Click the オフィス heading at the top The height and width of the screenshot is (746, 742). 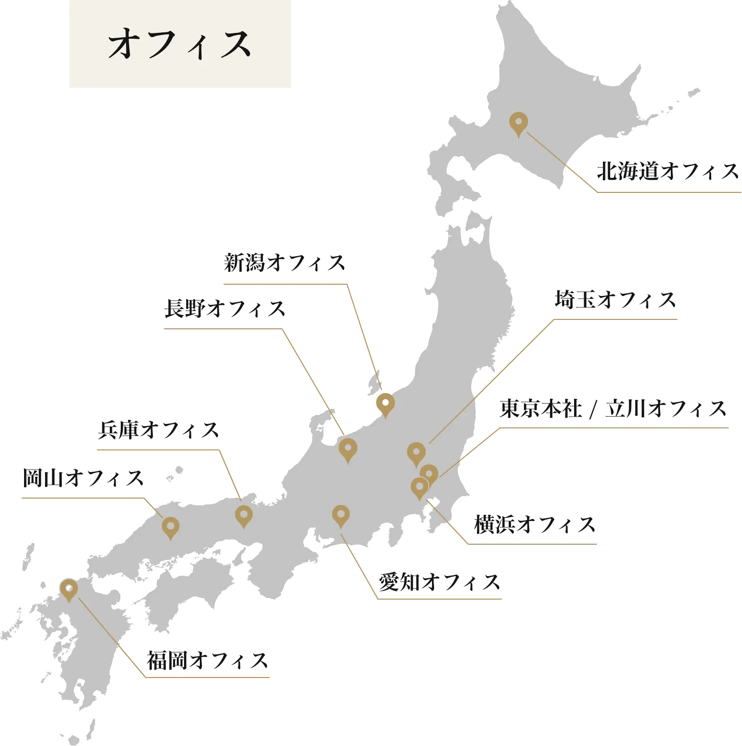point(179,44)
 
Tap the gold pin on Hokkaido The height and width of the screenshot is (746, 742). point(518,123)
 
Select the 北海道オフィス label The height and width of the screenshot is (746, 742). point(667,171)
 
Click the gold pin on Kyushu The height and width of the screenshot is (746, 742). point(69,589)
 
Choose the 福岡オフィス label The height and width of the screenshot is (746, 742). point(208,661)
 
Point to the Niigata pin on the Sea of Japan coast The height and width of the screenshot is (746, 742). point(385,404)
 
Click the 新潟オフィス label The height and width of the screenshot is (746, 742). point(284,263)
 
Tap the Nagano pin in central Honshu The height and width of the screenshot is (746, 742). point(348,449)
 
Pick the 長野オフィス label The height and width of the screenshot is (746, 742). point(224,309)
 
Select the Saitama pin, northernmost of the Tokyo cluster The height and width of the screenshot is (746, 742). point(416,453)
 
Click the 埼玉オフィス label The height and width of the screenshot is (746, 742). point(614,300)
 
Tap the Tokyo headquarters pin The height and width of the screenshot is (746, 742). point(429,474)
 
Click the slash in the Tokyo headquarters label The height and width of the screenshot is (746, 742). point(593,409)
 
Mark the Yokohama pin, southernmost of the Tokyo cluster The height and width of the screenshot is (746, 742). point(419,487)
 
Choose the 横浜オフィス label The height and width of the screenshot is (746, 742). point(535,525)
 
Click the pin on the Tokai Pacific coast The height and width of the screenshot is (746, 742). point(341,515)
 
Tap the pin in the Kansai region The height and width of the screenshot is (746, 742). point(244,515)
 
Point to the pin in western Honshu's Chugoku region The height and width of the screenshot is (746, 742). point(170,526)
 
